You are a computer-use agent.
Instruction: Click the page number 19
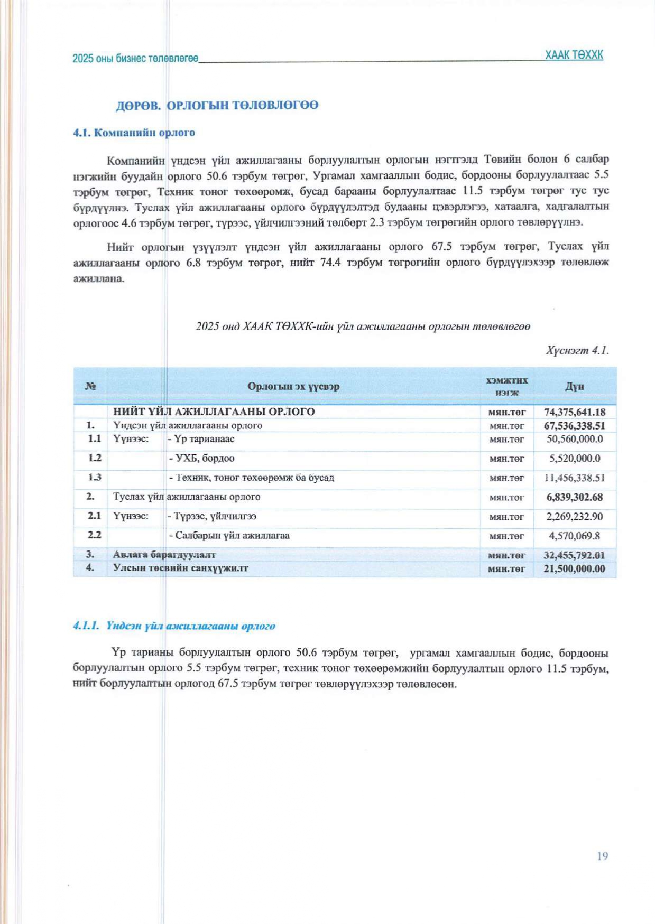[x=602, y=856]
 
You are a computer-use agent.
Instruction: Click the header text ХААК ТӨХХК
[x=574, y=55]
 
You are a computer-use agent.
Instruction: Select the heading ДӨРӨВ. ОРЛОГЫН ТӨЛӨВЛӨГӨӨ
[x=217, y=105]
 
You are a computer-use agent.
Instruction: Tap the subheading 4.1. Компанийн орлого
[x=134, y=133]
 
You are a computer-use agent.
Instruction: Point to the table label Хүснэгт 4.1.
[x=577, y=350]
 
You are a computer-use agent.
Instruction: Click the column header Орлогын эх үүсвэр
[x=293, y=386]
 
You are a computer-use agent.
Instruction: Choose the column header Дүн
[x=575, y=386]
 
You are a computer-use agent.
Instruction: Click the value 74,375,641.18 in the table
[x=575, y=412]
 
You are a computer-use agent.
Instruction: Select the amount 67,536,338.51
[x=575, y=425]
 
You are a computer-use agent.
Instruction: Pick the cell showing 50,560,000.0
[x=575, y=439]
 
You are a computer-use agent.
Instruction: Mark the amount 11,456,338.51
[x=575, y=478]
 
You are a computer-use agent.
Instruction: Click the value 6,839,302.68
[x=575, y=497]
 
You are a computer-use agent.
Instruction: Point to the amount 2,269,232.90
[x=575, y=517]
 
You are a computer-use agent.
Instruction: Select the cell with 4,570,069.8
[x=575, y=536]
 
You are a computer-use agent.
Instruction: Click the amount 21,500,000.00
[x=575, y=568]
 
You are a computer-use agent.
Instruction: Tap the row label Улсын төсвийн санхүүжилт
[x=181, y=568]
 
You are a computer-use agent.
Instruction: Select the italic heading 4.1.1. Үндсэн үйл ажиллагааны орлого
[x=174, y=626]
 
